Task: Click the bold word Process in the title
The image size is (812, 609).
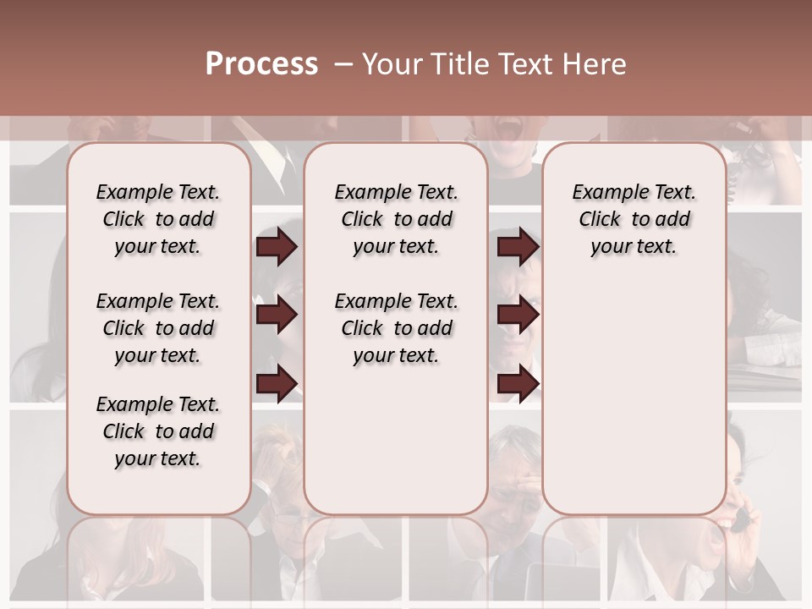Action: [261, 64]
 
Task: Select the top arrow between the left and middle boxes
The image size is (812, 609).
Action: [277, 246]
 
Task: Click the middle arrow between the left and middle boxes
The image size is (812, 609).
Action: [277, 315]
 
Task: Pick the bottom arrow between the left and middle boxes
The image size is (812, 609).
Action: [277, 383]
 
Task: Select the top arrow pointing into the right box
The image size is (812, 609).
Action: [518, 246]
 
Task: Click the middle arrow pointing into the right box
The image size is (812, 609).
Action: [518, 315]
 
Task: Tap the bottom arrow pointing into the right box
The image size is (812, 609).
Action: [518, 383]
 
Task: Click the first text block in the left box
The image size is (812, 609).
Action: [158, 219]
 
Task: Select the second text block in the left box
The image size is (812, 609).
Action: [158, 328]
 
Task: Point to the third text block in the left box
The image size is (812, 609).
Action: [158, 431]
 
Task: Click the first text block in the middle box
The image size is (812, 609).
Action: [396, 219]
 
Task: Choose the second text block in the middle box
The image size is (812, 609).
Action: [396, 328]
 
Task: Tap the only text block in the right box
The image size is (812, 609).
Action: [634, 219]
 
